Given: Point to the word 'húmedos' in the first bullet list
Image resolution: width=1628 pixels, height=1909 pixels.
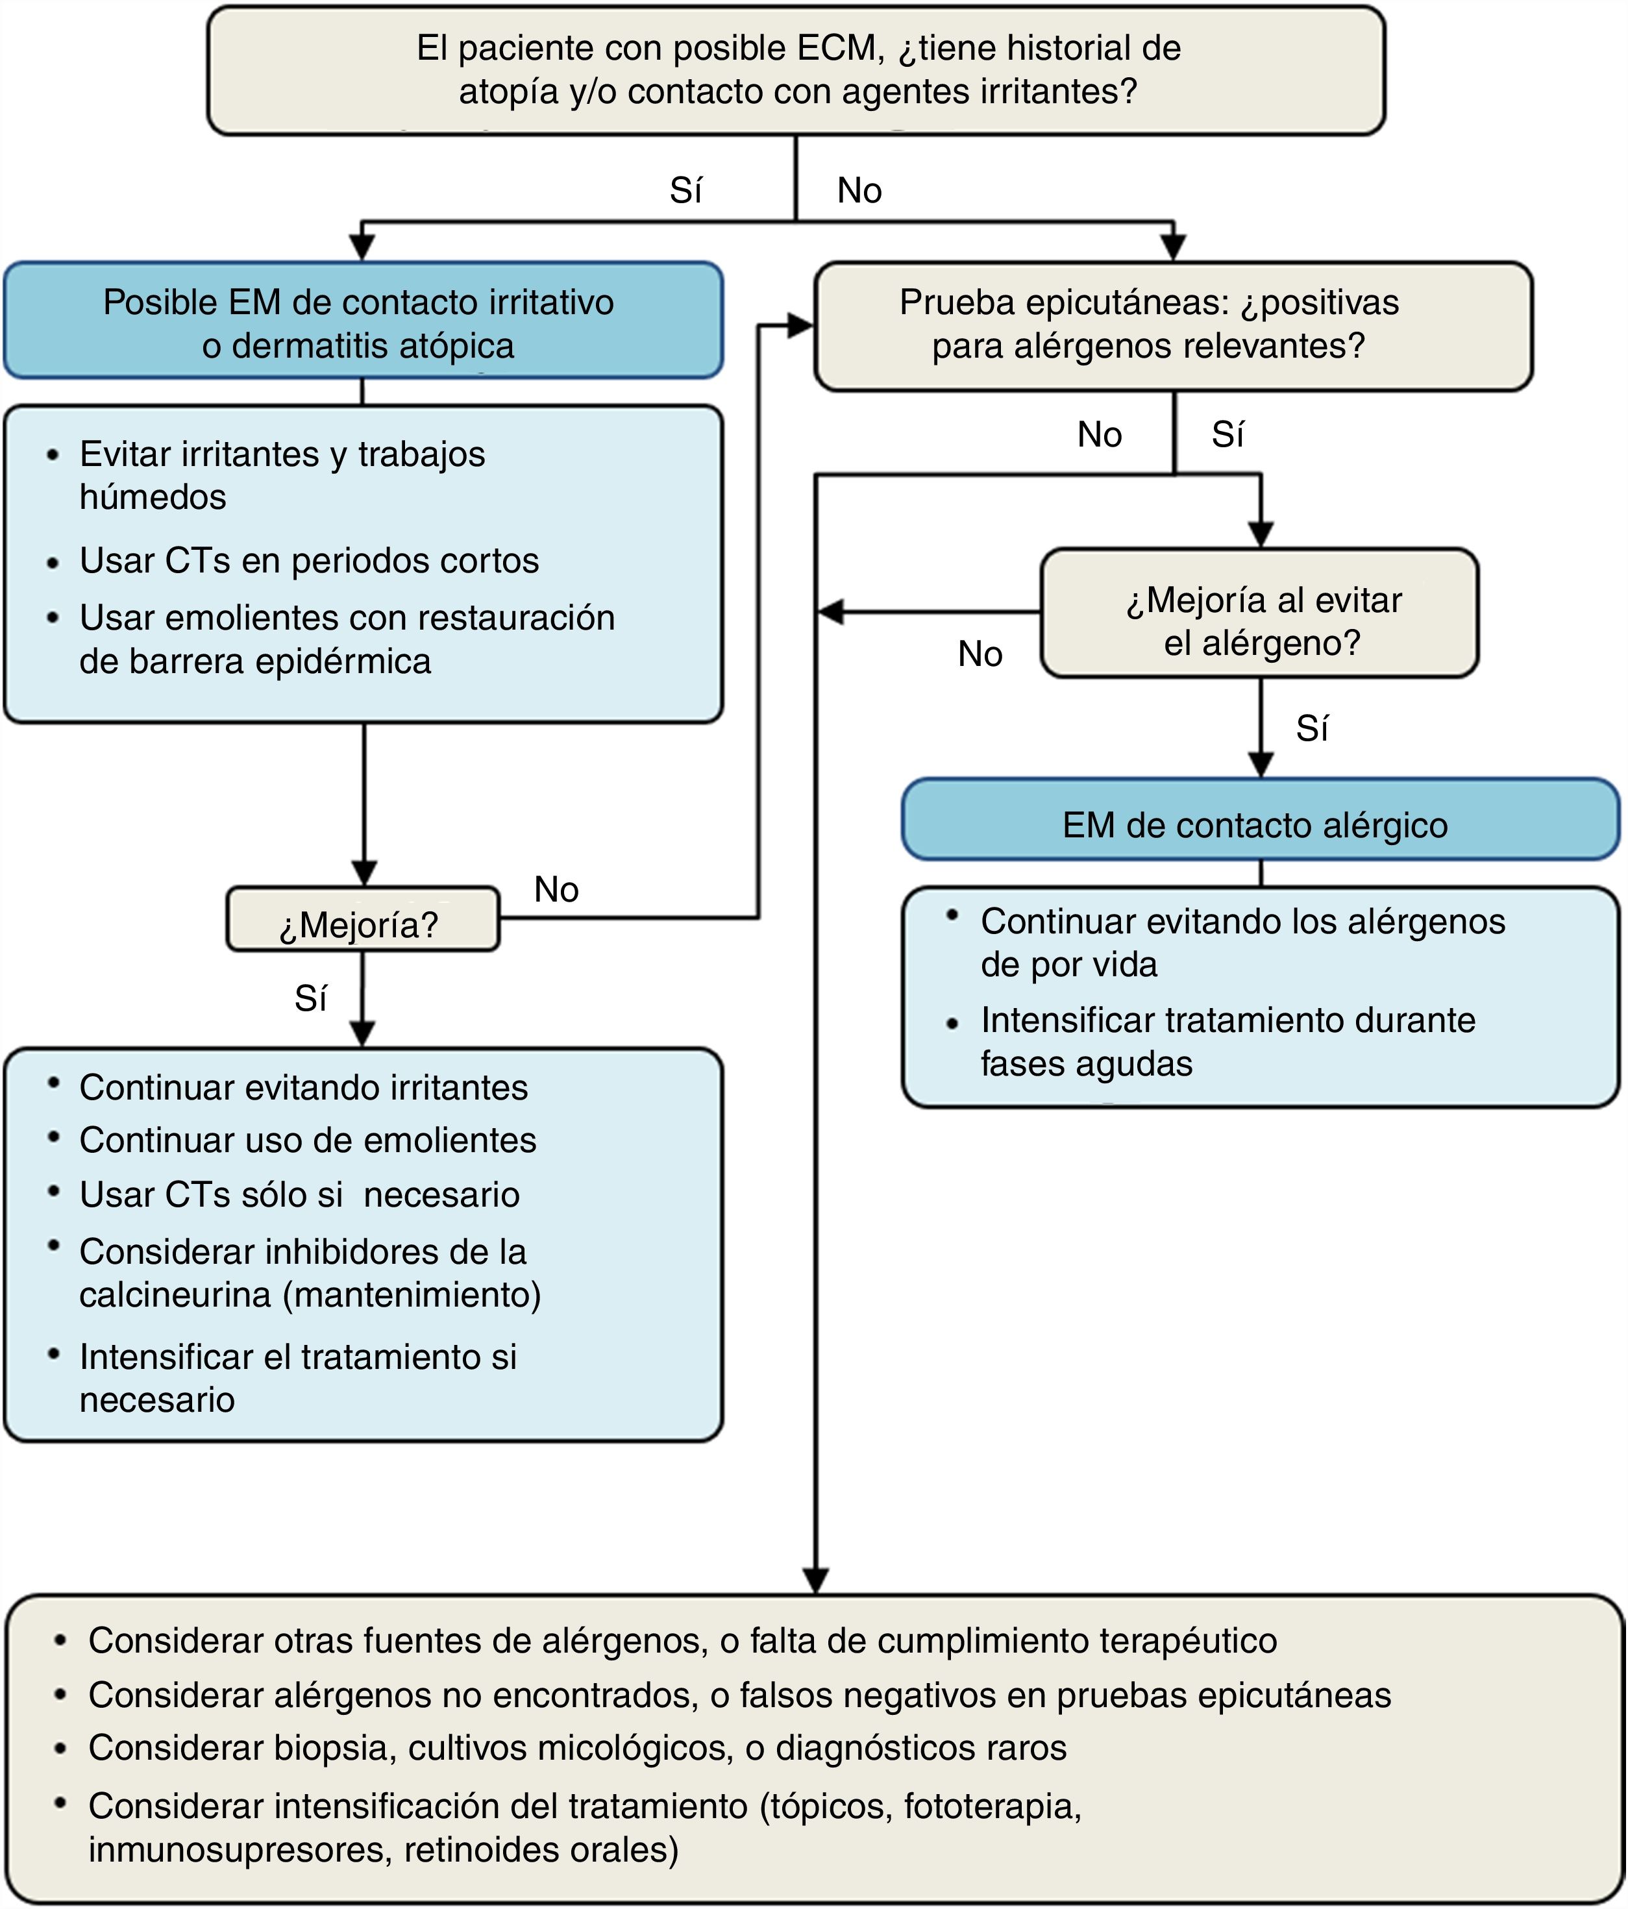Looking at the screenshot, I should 153,497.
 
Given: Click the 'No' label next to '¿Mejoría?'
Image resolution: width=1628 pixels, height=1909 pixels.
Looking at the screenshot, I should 556,890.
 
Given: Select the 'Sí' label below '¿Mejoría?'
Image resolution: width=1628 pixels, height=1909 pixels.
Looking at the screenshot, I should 310,999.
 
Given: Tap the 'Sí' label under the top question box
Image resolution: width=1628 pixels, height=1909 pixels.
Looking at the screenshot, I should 686,191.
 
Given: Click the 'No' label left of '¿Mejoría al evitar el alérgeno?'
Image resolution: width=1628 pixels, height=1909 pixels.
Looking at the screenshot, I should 980,654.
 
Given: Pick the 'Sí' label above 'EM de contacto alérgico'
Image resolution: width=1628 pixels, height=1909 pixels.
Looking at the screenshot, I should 1312,729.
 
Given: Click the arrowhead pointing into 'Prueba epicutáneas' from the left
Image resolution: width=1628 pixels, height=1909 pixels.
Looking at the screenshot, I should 800,325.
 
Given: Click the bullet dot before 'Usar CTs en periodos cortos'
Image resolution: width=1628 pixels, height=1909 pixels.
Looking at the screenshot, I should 53,563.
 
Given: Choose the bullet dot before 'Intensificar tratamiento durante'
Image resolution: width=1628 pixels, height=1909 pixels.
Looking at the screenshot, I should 953,1023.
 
